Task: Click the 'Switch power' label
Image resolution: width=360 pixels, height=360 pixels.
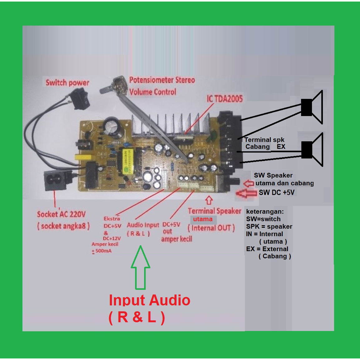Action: [67, 83]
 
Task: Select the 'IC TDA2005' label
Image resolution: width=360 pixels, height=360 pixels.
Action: [225, 99]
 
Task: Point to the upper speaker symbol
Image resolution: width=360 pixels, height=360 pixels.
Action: [312, 107]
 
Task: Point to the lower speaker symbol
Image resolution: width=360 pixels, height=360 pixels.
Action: [312, 149]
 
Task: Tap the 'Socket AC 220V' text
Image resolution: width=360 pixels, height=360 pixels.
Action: [61, 214]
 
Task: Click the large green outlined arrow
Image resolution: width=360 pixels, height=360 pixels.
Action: [140, 267]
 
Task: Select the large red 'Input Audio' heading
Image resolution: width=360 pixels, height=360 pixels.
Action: [149, 300]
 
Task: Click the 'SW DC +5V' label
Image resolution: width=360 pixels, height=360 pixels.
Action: [276, 192]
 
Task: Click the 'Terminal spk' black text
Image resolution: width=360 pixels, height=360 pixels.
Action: [264, 140]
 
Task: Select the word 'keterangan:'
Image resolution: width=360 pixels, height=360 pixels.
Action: [265, 212]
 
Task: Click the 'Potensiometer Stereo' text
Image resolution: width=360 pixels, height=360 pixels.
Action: [162, 80]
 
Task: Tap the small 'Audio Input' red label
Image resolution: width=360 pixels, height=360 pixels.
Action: [143, 225]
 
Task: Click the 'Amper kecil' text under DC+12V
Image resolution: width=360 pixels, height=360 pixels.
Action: [105, 244]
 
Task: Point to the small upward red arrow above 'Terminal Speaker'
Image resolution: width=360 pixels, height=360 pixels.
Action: [209, 200]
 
